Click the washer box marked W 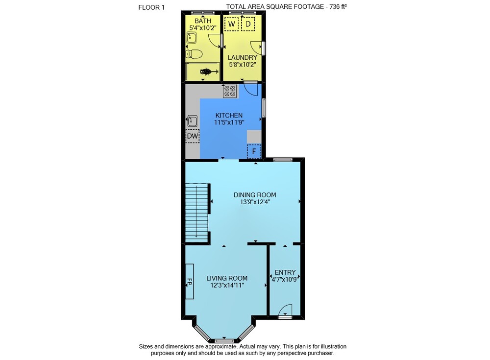tap(232, 24)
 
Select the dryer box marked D tap(248, 24)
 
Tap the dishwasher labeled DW tap(193, 136)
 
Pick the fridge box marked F tap(254, 151)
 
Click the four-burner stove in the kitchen tap(230, 91)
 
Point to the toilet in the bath tap(194, 54)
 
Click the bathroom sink tap(191, 38)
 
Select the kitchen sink tap(192, 121)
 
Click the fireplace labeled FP tap(189, 281)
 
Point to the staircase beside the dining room tap(196, 213)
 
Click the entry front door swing tap(285, 311)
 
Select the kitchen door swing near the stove tap(250, 89)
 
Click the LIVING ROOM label tap(227, 278)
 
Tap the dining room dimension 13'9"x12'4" tap(255, 202)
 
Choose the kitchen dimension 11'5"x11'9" tap(229, 122)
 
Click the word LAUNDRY tap(243, 57)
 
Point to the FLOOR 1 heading tap(151, 7)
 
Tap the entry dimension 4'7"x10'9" tap(285, 279)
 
